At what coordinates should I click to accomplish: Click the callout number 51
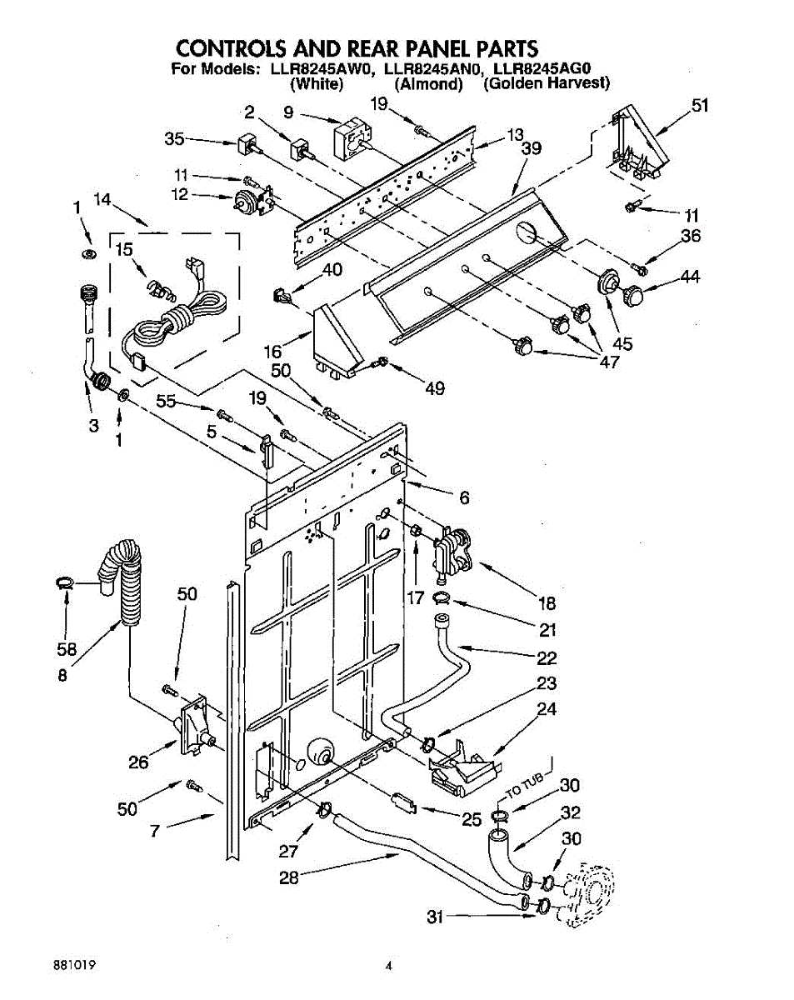click(700, 105)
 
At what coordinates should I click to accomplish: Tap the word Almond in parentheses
click(428, 83)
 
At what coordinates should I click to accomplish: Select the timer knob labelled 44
click(635, 295)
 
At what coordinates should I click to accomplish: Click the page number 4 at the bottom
click(388, 967)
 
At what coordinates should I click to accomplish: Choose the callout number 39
click(531, 148)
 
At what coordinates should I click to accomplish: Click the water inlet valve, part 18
click(452, 550)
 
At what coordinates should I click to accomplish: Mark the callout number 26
click(138, 761)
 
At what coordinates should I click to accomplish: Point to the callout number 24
click(546, 710)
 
